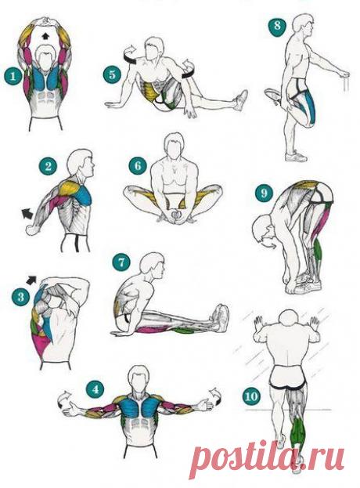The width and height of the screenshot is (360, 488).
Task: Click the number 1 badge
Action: (13, 77)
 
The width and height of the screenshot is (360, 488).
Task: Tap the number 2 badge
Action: (48, 167)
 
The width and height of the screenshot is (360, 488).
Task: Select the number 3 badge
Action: (20, 297)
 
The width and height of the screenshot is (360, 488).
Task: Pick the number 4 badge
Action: (95, 389)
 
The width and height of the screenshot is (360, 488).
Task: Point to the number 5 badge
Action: (112, 75)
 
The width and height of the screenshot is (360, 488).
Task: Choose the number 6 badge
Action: (138, 166)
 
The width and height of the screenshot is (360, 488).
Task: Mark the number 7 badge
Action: (121, 262)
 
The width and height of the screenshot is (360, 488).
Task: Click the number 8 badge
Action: (277, 25)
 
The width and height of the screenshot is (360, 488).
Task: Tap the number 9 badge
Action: (264, 193)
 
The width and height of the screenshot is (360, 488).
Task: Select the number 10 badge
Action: (251, 396)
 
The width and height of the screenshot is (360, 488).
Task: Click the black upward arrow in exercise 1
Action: (45, 35)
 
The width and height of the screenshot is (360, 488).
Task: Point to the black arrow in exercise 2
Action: (27, 215)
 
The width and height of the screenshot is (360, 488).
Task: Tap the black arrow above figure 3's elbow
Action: (31, 280)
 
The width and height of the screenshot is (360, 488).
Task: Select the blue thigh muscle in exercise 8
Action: (309, 108)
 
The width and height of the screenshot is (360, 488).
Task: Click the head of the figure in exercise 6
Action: (175, 144)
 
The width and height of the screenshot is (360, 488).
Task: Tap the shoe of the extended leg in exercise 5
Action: (240, 99)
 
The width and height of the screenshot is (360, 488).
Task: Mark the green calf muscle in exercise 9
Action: (317, 251)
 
